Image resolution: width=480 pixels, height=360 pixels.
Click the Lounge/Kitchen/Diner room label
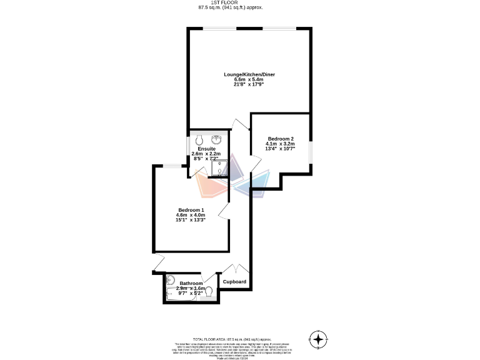[x=249, y=74]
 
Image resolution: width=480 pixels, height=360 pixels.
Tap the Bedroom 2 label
[x=281, y=138]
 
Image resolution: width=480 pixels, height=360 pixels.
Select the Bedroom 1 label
[x=191, y=210]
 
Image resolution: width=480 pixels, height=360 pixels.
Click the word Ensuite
[x=207, y=149]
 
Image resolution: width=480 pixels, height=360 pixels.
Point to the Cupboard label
[x=234, y=282]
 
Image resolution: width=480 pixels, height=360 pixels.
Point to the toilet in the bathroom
[x=209, y=292]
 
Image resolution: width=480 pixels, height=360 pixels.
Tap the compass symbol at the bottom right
[x=319, y=339]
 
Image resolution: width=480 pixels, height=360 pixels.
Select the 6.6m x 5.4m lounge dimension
[x=249, y=80]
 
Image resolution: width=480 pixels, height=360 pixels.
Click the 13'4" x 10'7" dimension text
[x=281, y=149]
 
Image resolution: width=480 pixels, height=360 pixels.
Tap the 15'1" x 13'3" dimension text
[x=191, y=220]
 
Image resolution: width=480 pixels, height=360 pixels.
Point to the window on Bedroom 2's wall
[x=311, y=151]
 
